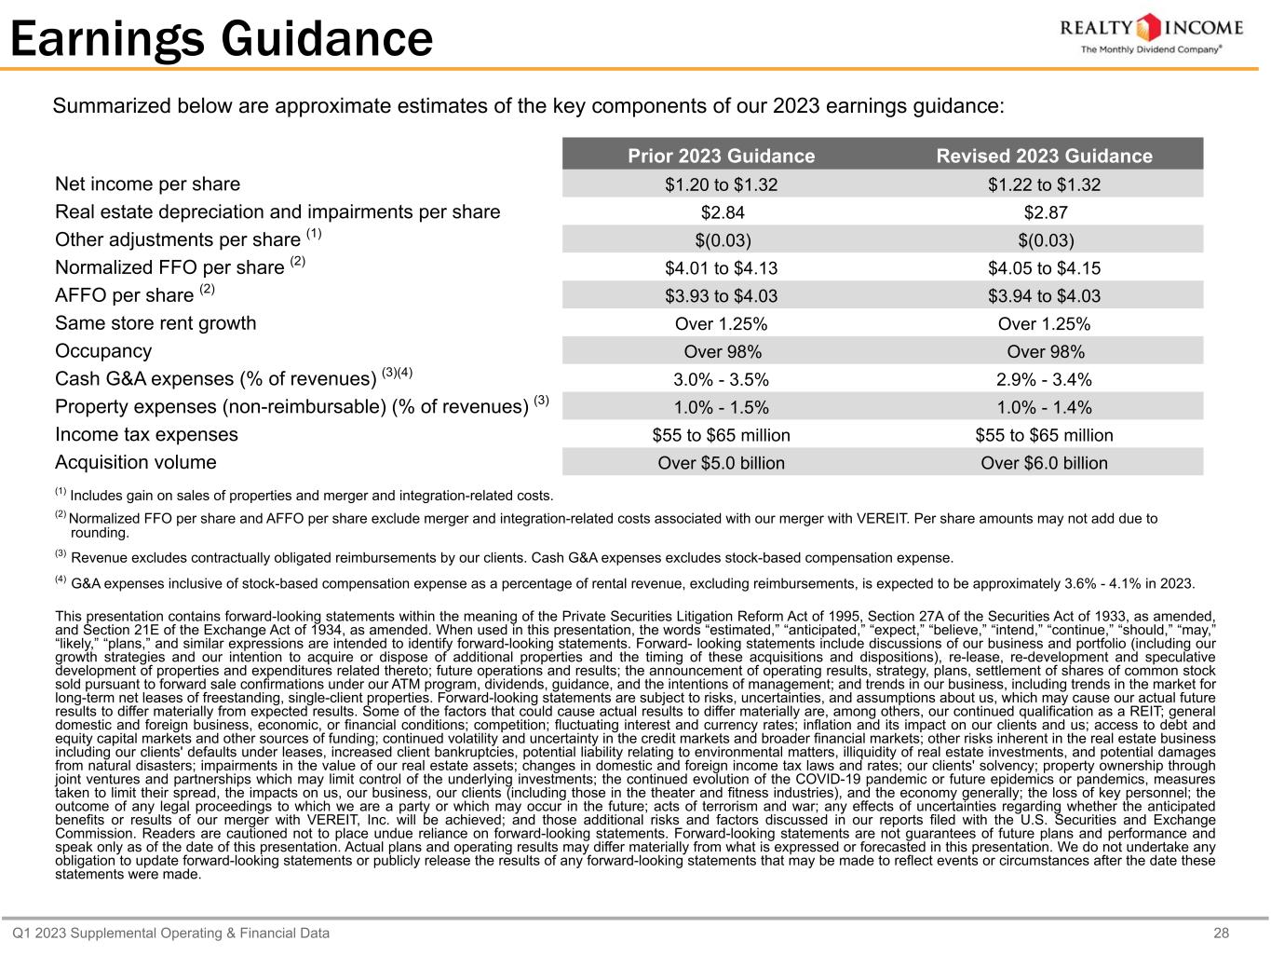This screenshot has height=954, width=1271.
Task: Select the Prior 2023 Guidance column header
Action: click(721, 156)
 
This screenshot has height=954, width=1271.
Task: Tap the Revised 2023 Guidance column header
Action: click(1044, 156)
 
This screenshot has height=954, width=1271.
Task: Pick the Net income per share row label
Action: click(148, 184)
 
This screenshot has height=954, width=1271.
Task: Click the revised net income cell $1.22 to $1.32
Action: click(1044, 184)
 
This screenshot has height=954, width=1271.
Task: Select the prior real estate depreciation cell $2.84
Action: click(721, 212)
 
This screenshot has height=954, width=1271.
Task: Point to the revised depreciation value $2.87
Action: click(1044, 212)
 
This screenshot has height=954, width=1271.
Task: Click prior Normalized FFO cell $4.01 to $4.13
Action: click(721, 268)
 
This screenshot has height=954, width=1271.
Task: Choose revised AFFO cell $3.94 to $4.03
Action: click(1044, 296)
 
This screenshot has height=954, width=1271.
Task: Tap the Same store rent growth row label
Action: click(155, 323)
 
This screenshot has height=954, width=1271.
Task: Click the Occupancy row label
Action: click(103, 351)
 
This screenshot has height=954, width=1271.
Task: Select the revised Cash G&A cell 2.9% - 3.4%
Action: click(1044, 379)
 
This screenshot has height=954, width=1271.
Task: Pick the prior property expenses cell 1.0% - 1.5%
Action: click(721, 407)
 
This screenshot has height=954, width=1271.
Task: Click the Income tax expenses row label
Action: click(147, 434)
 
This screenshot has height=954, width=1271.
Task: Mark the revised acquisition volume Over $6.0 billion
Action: click(1044, 463)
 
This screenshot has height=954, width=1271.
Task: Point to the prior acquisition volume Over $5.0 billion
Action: click(721, 463)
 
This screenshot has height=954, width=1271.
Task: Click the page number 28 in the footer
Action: click(1222, 933)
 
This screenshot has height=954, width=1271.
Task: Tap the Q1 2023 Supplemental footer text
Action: click(170, 933)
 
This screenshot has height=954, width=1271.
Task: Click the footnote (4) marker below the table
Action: click(61, 581)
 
